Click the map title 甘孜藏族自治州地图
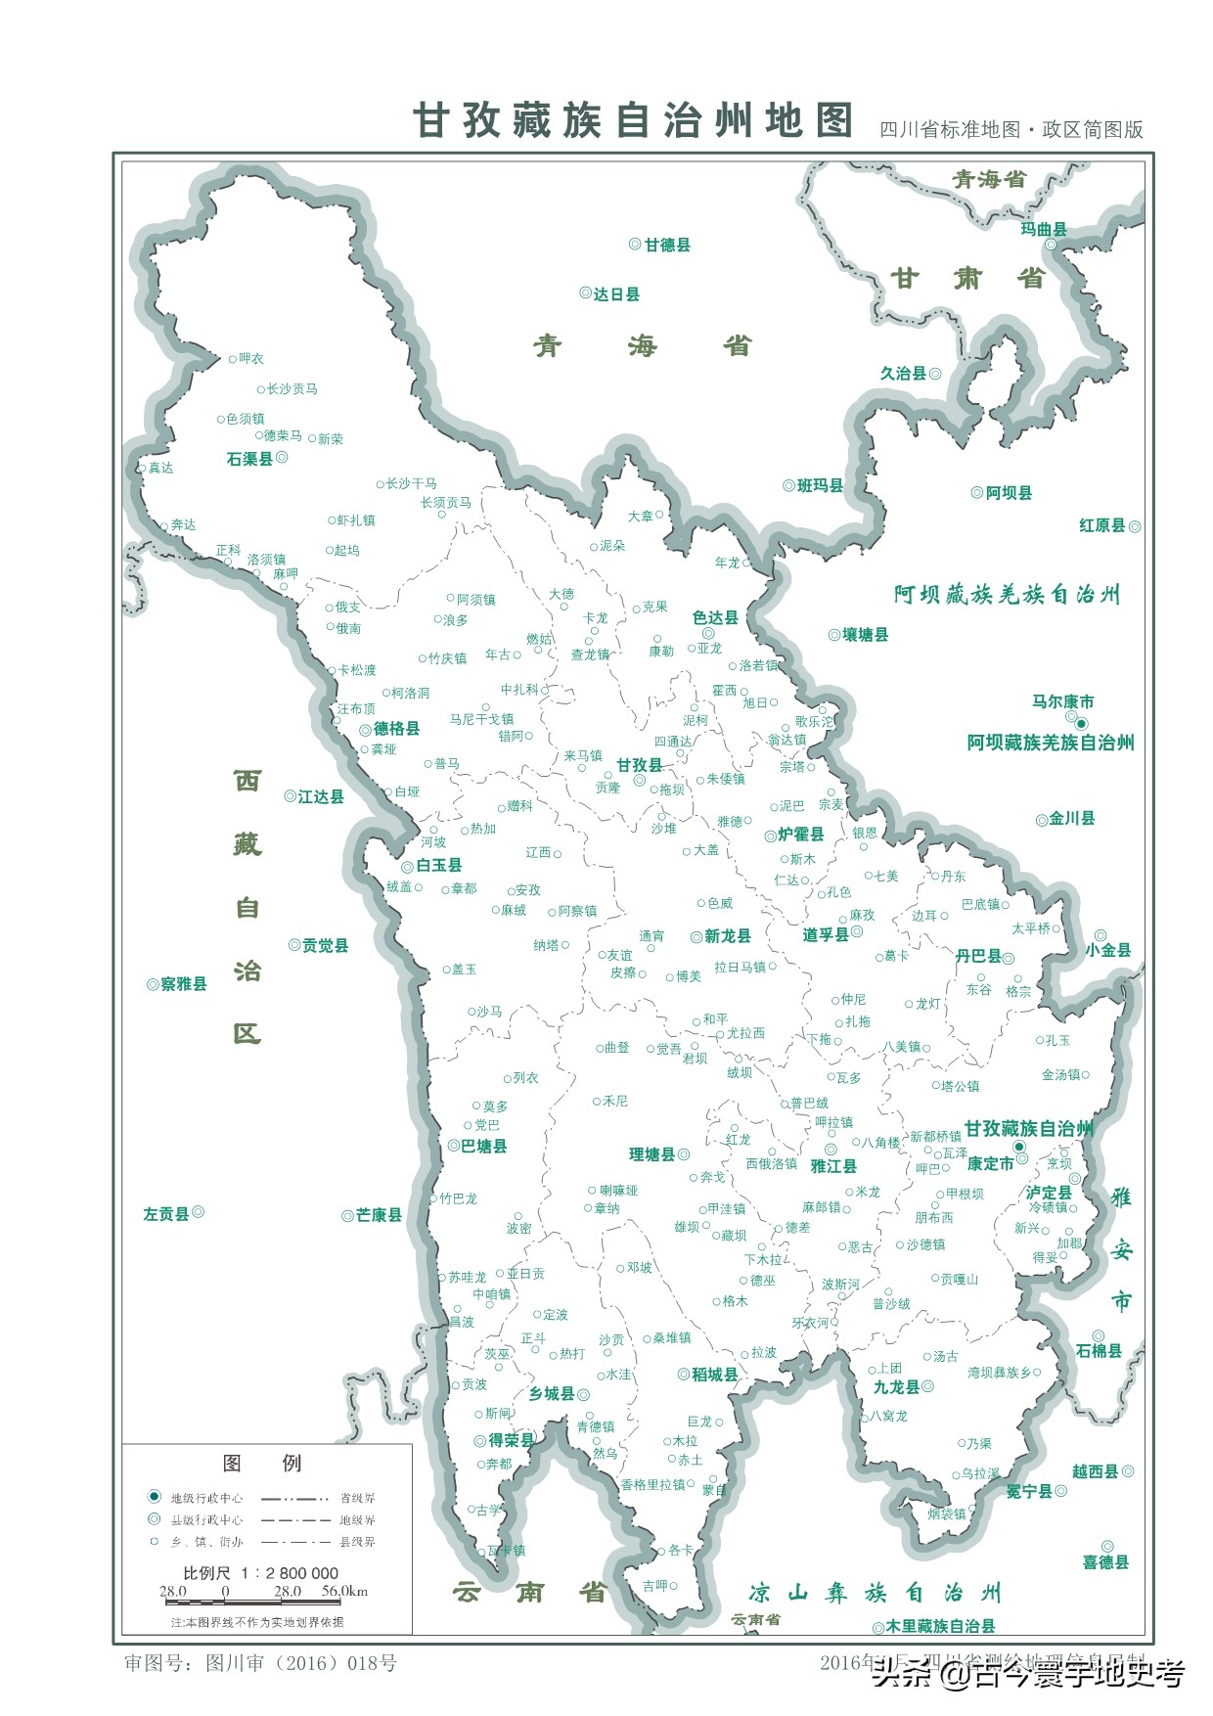tap(633, 121)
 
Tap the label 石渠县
tap(249, 459)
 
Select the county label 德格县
tap(396, 729)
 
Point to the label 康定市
tap(990, 1163)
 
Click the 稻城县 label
tap(714, 1375)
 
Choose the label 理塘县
tap(651, 1154)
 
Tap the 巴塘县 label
tap(484, 1146)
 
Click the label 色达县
tap(715, 617)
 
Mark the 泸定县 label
tap(1049, 1192)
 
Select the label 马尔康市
tap(1062, 701)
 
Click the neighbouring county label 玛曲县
tap(1043, 229)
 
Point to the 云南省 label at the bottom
tap(529, 1593)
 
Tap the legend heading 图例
tap(262, 1463)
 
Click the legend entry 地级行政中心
tap(206, 1498)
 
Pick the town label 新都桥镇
tap(935, 1136)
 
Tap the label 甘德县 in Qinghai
tap(667, 245)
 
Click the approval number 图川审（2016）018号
tap(301, 1663)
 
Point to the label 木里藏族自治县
tap(940, 1626)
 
